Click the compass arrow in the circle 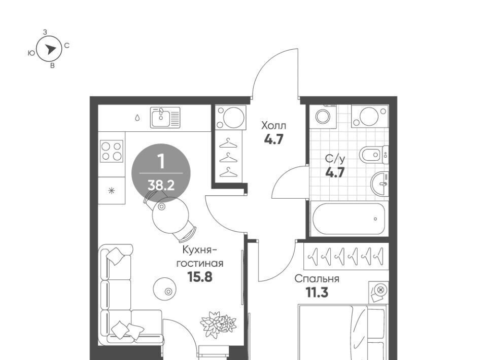click(50, 49)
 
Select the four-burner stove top click(112, 151)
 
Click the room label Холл click(273, 126)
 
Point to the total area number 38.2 click(161, 186)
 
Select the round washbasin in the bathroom click(379, 184)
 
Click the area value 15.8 click(200, 277)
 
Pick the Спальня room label click(317, 279)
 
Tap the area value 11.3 click(317, 293)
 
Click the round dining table click(170, 214)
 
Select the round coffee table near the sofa click(164, 289)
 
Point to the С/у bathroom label click(335, 159)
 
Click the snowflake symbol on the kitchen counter click(112, 191)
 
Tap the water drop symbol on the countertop click(137, 118)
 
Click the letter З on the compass click(45, 32)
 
